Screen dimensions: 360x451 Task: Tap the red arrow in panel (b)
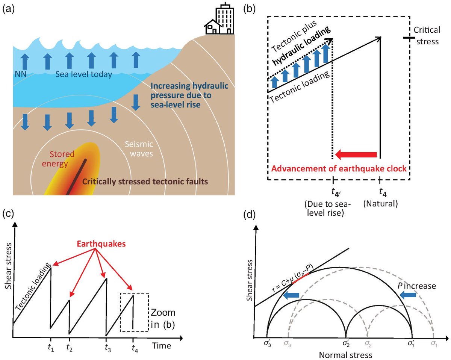pos(356,154)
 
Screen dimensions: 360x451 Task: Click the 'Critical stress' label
pos(426,35)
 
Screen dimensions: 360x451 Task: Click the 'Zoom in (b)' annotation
pos(163,318)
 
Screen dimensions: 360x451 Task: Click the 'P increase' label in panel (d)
pos(417,286)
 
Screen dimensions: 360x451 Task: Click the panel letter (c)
pos(8,215)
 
